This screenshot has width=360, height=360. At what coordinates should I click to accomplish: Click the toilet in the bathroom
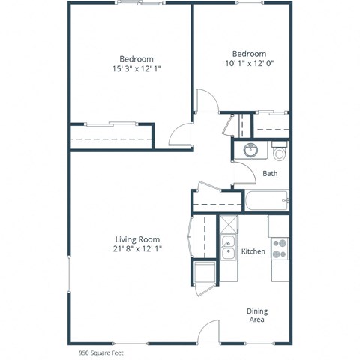[x=280, y=154]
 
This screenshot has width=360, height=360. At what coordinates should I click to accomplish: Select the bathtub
[x=267, y=202]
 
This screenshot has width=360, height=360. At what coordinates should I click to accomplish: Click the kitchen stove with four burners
[x=280, y=248]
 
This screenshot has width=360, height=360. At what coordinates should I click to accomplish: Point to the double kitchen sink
[x=229, y=248]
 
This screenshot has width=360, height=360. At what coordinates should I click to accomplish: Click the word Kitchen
[x=253, y=251]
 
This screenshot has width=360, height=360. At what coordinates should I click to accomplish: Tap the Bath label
[x=271, y=175]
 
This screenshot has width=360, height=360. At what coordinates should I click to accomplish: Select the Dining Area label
[x=257, y=315]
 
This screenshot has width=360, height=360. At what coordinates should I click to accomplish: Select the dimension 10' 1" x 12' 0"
[x=248, y=64]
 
